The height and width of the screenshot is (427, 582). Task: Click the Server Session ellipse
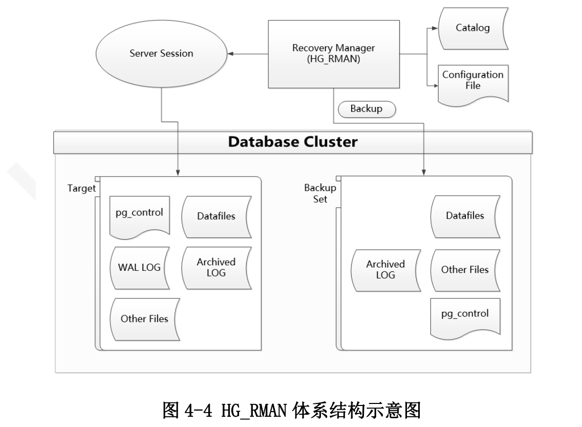point(162,53)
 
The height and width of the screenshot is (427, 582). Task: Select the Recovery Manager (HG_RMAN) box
point(334,53)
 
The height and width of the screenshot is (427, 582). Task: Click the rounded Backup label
point(366,109)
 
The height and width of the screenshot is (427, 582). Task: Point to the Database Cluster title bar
point(293,142)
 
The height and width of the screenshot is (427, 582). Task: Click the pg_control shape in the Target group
point(139,214)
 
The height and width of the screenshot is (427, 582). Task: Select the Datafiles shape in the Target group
point(215,216)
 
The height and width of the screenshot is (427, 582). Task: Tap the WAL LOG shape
point(139,268)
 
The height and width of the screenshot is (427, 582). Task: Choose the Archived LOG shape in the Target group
point(215,267)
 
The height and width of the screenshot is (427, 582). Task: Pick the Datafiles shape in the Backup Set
point(464,216)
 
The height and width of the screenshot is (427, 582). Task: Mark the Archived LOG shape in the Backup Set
point(385,269)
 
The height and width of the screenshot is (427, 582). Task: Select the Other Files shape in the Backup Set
point(464,269)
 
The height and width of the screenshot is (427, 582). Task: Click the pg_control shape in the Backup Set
point(464,314)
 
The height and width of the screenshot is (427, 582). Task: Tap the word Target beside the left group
point(81,188)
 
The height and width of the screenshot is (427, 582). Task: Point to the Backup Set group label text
point(320,194)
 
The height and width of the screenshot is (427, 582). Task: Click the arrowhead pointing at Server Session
point(231,53)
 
